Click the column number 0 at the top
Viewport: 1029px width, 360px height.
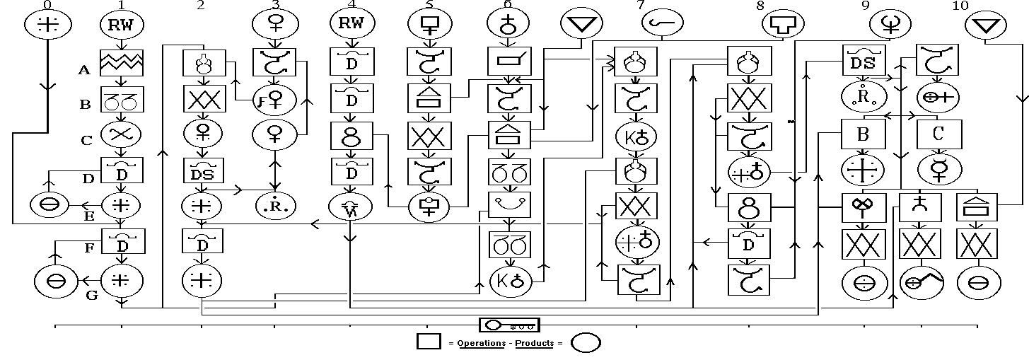(x=47, y=5)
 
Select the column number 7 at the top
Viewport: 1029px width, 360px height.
(x=641, y=5)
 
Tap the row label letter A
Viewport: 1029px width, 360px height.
(x=84, y=69)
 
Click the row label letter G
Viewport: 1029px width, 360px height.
(x=91, y=295)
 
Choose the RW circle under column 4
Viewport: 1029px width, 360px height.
(x=351, y=23)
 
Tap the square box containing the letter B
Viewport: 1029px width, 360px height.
(x=863, y=134)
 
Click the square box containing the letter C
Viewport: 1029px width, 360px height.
(x=938, y=134)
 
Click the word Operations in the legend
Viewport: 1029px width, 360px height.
(x=481, y=343)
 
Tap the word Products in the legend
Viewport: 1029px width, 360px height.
(x=534, y=343)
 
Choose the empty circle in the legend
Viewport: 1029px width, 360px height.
(x=586, y=343)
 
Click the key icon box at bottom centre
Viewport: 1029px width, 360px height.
(x=509, y=325)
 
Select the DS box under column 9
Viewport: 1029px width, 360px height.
(x=863, y=61)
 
